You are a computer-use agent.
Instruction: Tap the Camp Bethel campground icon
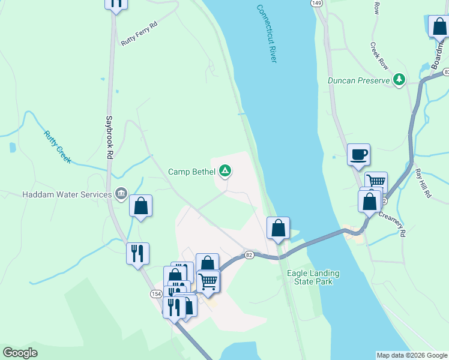click(225, 172)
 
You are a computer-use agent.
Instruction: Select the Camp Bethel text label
click(191, 172)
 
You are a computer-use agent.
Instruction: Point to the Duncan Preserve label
click(359, 80)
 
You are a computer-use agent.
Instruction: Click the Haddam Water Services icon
click(121, 194)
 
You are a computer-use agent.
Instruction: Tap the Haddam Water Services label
click(67, 194)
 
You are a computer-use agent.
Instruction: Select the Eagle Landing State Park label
click(313, 277)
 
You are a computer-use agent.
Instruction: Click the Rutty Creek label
click(58, 147)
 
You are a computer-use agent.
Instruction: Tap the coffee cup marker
click(358, 155)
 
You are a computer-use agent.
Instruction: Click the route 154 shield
click(156, 293)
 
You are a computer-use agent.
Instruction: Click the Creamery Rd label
click(393, 223)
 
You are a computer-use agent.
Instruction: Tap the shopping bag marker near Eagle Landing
click(278, 228)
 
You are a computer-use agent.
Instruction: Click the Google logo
click(20, 353)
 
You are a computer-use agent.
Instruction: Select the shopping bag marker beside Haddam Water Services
click(140, 206)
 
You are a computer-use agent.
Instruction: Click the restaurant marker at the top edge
click(116, 3)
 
